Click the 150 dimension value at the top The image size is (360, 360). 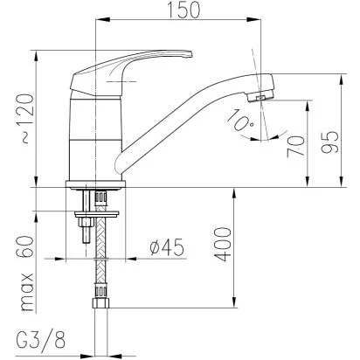(183, 10)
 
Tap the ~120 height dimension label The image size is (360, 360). (28, 119)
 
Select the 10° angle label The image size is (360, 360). (239, 121)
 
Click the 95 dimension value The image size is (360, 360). (329, 142)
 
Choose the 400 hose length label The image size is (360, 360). (223, 244)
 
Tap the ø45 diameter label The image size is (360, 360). (167, 247)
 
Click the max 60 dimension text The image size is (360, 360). (27, 273)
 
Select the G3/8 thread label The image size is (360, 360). (41, 340)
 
